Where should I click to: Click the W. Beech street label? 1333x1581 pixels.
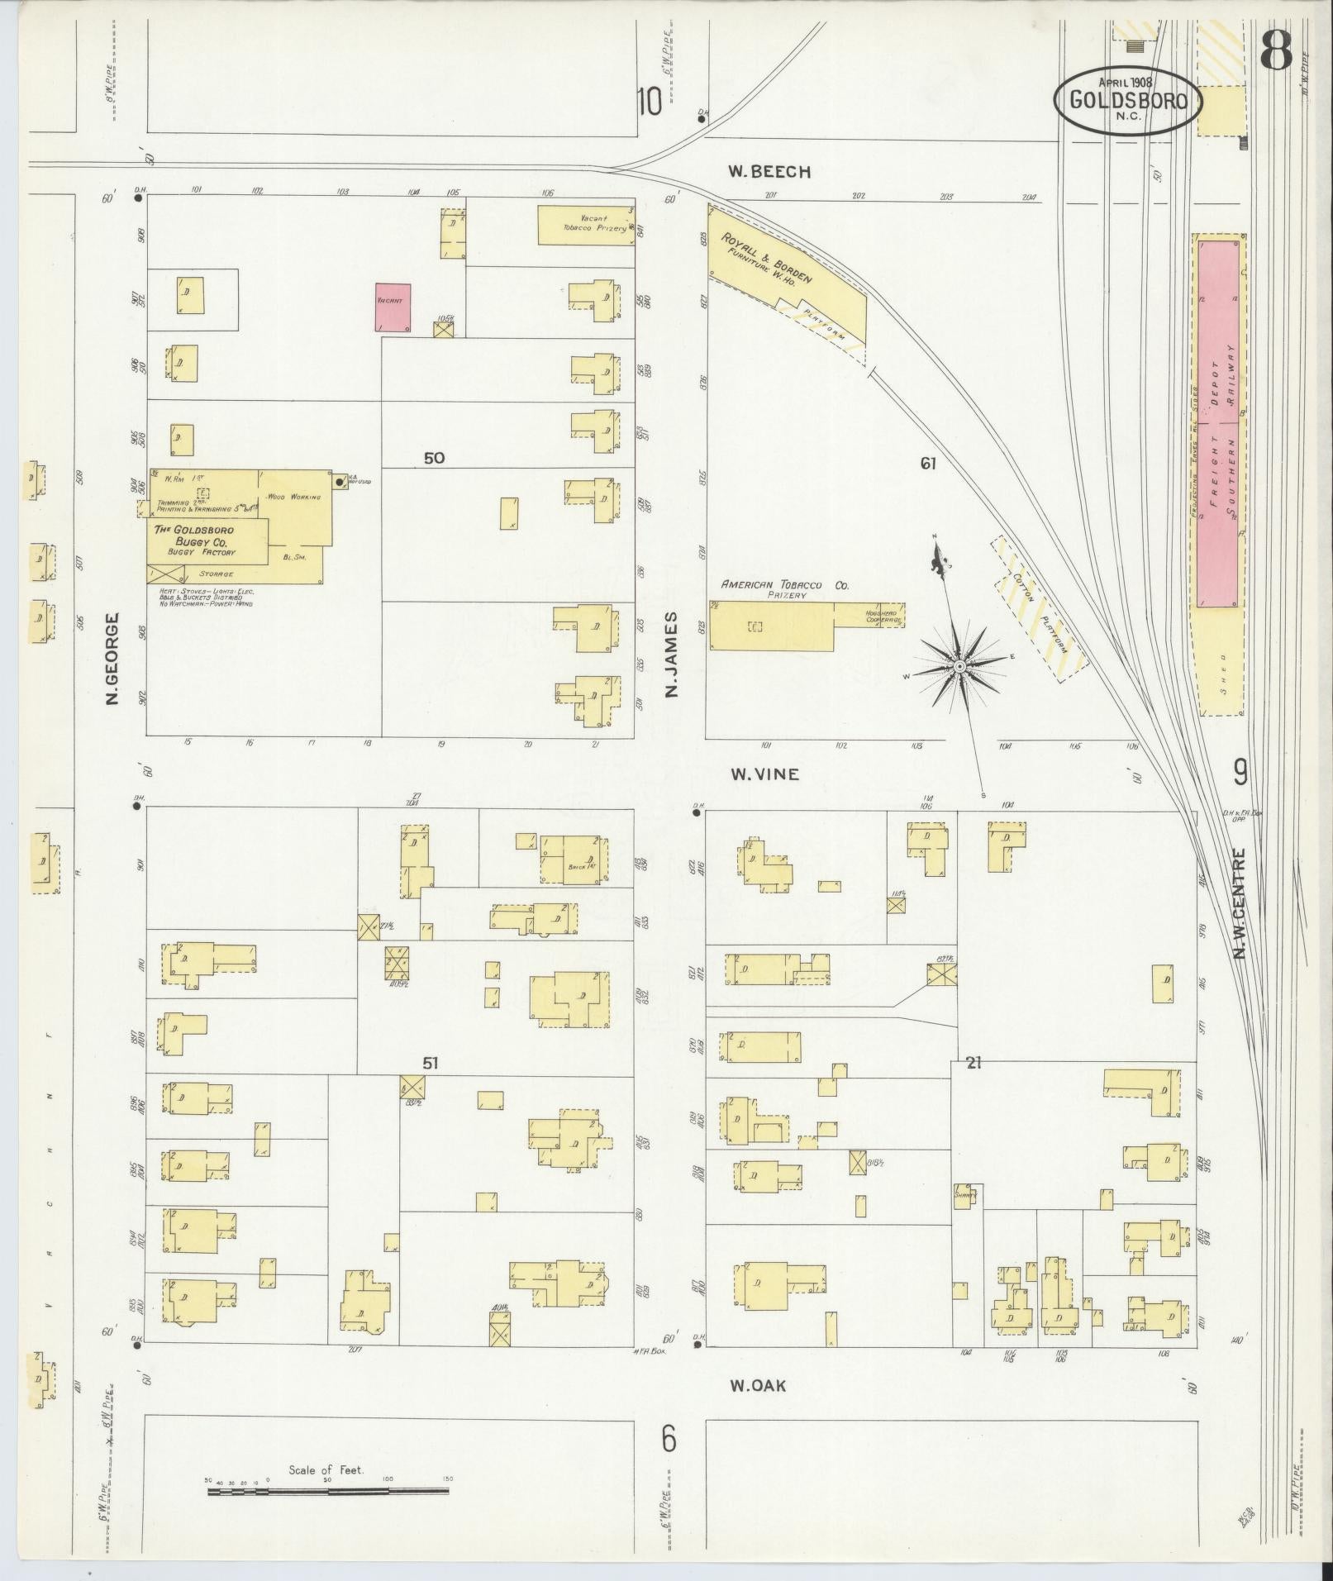769,172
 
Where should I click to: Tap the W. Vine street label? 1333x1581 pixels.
764,774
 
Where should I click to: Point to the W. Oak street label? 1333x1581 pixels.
757,1385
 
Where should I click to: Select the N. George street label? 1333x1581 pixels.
112,659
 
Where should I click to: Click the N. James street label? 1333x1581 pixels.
670,653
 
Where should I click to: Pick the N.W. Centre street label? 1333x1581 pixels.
1240,903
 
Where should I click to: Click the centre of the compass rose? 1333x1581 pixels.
959,666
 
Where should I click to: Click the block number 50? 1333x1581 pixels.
434,458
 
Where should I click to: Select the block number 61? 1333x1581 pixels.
928,464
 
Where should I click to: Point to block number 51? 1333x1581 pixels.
429,1063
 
